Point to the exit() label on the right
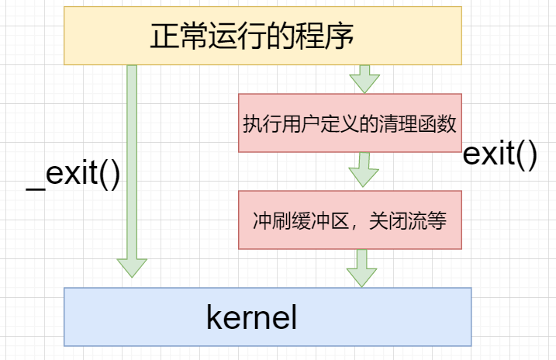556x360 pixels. (x=500, y=154)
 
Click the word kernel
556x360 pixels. (x=252, y=318)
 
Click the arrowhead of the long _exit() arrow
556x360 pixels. (x=132, y=268)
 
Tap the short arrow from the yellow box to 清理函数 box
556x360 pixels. (x=364, y=78)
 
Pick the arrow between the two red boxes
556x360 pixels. (x=361, y=170)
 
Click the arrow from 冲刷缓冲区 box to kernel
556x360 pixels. (x=361, y=268)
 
